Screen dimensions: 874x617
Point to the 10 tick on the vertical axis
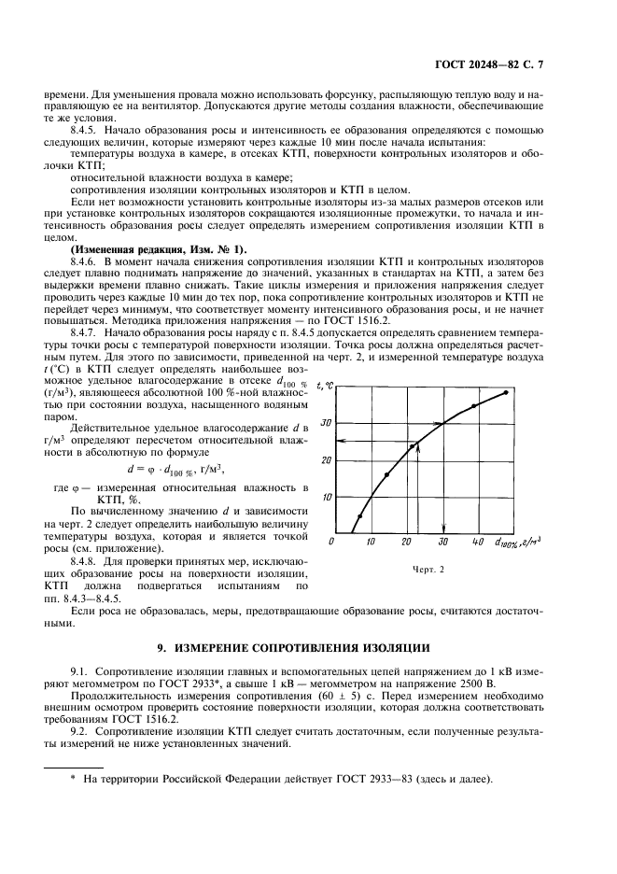pyautogui.click(x=327, y=497)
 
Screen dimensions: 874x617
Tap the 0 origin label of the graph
pyautogui.click(x=333, y=543)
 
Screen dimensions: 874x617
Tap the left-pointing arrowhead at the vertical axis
pyautogui.click(x=342, y=441)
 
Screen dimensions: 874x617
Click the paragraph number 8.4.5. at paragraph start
pyautogui.click(x=86, y=139)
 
